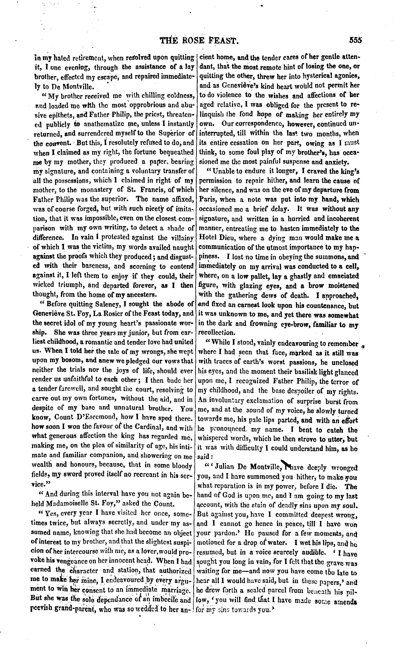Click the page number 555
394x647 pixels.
tap(355, 40)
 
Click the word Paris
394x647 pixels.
tap(207, 200)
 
